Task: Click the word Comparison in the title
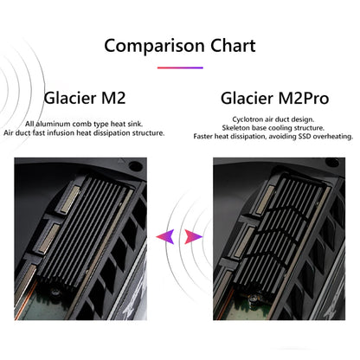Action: [x=154, y=46]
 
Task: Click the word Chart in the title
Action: [x=233, y=46]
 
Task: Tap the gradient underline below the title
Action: [x=180, y=67]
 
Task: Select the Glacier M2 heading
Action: [x=85, y=98]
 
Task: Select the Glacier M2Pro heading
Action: [x=274, y=98]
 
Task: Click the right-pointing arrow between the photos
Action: [x=193, y=236]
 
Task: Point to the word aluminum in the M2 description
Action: [x=53, y=124]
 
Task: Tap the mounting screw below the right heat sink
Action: [x=253, y=299]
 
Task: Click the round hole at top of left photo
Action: [x=135, y=166]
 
